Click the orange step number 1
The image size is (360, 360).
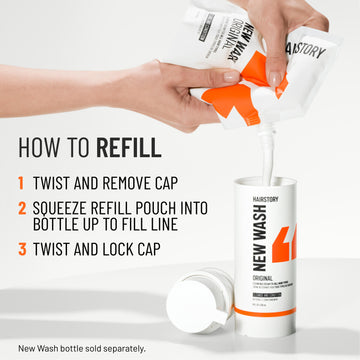(x=21, y=184)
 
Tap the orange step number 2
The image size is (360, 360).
(x=21, y=209)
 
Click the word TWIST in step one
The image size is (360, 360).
(x=59, y=184)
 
